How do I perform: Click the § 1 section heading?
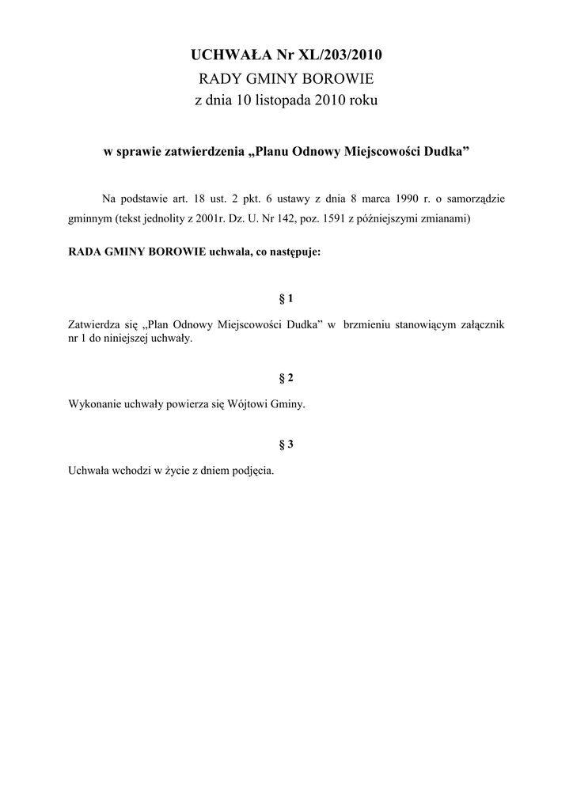click(x=286, y=298)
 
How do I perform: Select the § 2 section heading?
click(x=286, y=378)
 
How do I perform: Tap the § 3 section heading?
click(x=286, y=445)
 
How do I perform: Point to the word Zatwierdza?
click(x=95, y=324)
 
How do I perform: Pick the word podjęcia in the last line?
click(x=250, y=470)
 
